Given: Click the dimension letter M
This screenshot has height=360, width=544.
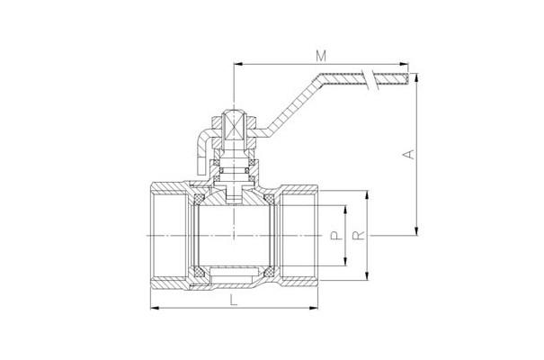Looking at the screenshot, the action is pos(321,56).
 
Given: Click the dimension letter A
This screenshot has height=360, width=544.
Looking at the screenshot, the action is pos(410,154).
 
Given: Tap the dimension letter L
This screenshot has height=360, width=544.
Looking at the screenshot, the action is pos(235,300).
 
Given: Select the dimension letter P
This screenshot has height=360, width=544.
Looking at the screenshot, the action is pos(335,236).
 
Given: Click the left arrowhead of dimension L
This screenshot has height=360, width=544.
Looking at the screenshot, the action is pos(155,308).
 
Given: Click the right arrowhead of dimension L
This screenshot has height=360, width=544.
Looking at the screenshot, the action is pos(314,308).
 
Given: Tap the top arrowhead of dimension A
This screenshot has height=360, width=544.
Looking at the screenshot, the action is pos(416,77).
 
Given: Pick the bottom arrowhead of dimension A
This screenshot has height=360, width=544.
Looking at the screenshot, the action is pos(416,231).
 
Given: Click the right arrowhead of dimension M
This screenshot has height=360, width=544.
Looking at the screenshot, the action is pos(404,64).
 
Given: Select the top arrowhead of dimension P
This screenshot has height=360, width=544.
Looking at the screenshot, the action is pos(345,210).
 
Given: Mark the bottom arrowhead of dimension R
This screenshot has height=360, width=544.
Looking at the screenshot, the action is pos(367,276).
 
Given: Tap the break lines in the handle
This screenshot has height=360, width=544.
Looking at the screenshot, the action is pos(369,79).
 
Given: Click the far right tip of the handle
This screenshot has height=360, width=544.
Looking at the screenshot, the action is pos(407,79).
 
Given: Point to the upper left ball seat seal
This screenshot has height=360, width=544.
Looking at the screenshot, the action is pos(198,199).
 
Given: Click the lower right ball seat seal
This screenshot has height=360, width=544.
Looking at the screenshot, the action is pos(269,272).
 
